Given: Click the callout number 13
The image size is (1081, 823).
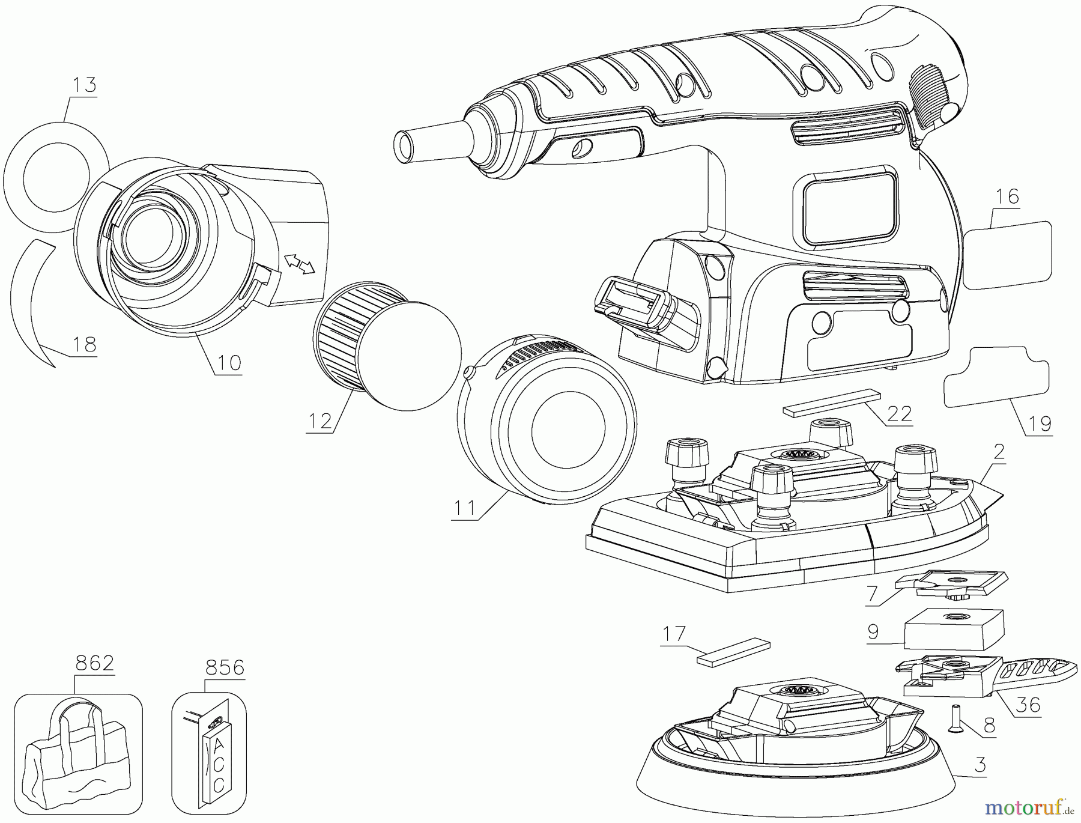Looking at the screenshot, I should tap(84, 85).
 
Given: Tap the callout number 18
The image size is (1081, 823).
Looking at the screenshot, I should tap(84, 344).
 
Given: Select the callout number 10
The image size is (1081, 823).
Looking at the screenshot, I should tap(229, 362).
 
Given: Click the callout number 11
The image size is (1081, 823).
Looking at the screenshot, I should tap(465, 508).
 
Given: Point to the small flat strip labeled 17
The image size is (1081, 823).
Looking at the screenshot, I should tap(733, 651).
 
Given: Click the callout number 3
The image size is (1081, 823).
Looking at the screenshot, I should tap(980, 765).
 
